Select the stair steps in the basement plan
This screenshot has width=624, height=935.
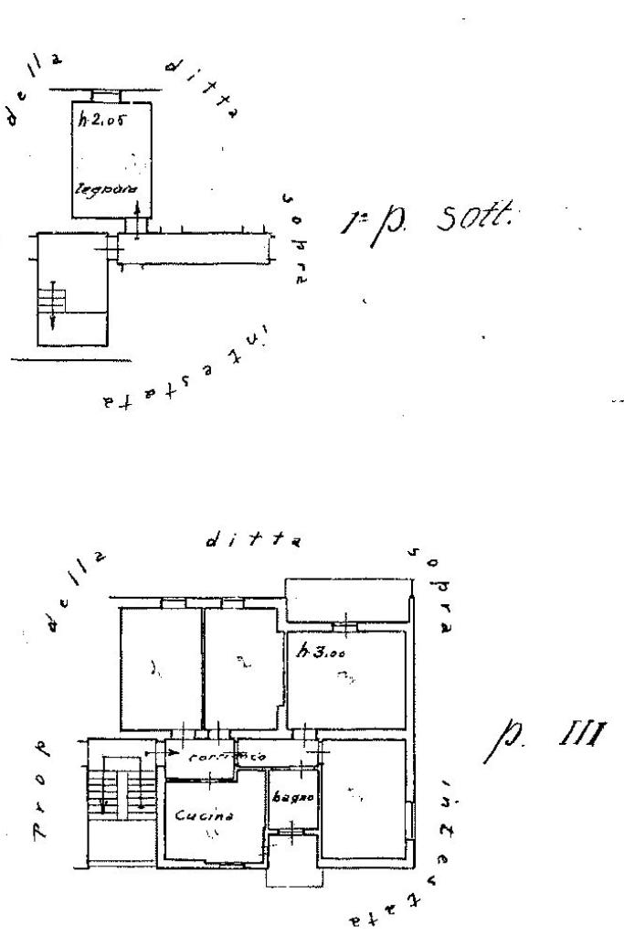click(53, 297)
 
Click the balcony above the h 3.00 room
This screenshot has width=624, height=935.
click(347, 600)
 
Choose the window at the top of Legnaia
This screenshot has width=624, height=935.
click(107, 94)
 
